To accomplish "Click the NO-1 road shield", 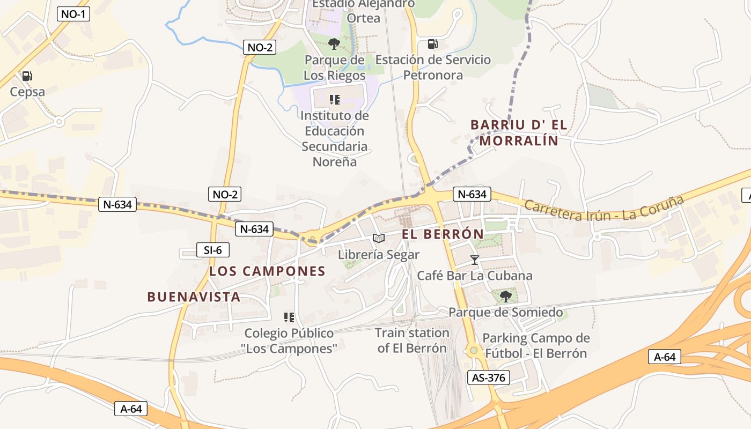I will pos(73,14).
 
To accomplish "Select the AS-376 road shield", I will pos(488,378).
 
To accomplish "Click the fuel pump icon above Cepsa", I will pos(27,76).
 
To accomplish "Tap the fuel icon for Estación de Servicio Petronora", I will pos(432,44).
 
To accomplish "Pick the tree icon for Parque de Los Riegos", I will pos(334,43).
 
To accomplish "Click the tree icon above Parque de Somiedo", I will pos(505,297).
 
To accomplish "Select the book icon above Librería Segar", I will pos(379,239).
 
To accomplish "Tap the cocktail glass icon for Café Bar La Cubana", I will pos(474,260).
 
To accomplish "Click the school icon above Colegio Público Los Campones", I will pos(289,317).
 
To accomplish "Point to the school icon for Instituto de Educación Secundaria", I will pos(335,100).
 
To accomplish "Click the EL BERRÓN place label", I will pos(443,234).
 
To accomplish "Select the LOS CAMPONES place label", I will pos(267,271).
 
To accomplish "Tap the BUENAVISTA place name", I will pos(194,297).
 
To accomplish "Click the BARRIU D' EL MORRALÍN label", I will pos(518,132).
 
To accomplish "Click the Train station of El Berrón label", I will pos(412,341).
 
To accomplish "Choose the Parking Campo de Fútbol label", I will pos(536,346).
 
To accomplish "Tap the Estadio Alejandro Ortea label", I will pos(363,11).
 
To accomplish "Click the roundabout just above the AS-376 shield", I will pos(474,351).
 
